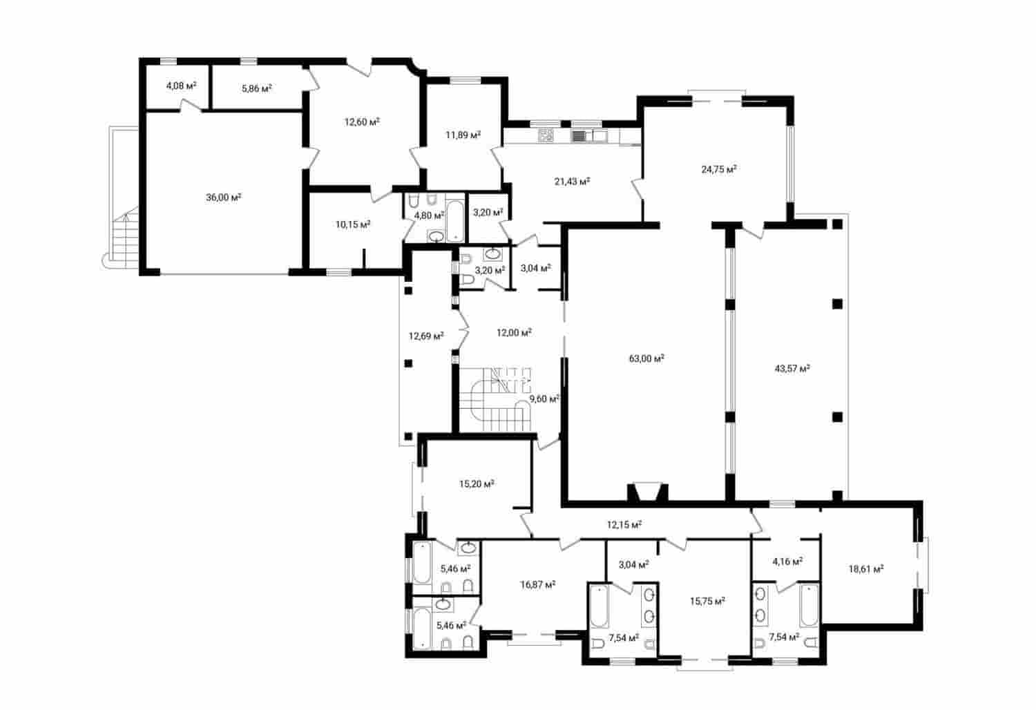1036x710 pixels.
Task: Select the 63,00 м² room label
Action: click(646, 358)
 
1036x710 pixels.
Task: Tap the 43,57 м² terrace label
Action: click(792, 369)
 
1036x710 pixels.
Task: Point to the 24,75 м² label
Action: click(719, 169)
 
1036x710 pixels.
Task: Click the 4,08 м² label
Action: click(181, 86)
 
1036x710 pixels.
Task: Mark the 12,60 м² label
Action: click(363, 122)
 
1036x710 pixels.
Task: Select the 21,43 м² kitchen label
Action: click(572, 181)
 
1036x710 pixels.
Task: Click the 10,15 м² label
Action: click(353, 224)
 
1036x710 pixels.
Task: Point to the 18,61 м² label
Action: click(866, 569)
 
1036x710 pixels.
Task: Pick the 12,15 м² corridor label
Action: click(624, 524)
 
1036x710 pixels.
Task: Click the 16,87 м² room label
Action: click(538, 584)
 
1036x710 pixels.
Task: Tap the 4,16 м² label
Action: click(787, 562)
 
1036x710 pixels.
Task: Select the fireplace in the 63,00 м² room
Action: click(646, 492)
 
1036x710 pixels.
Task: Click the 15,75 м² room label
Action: click(707, 601)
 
